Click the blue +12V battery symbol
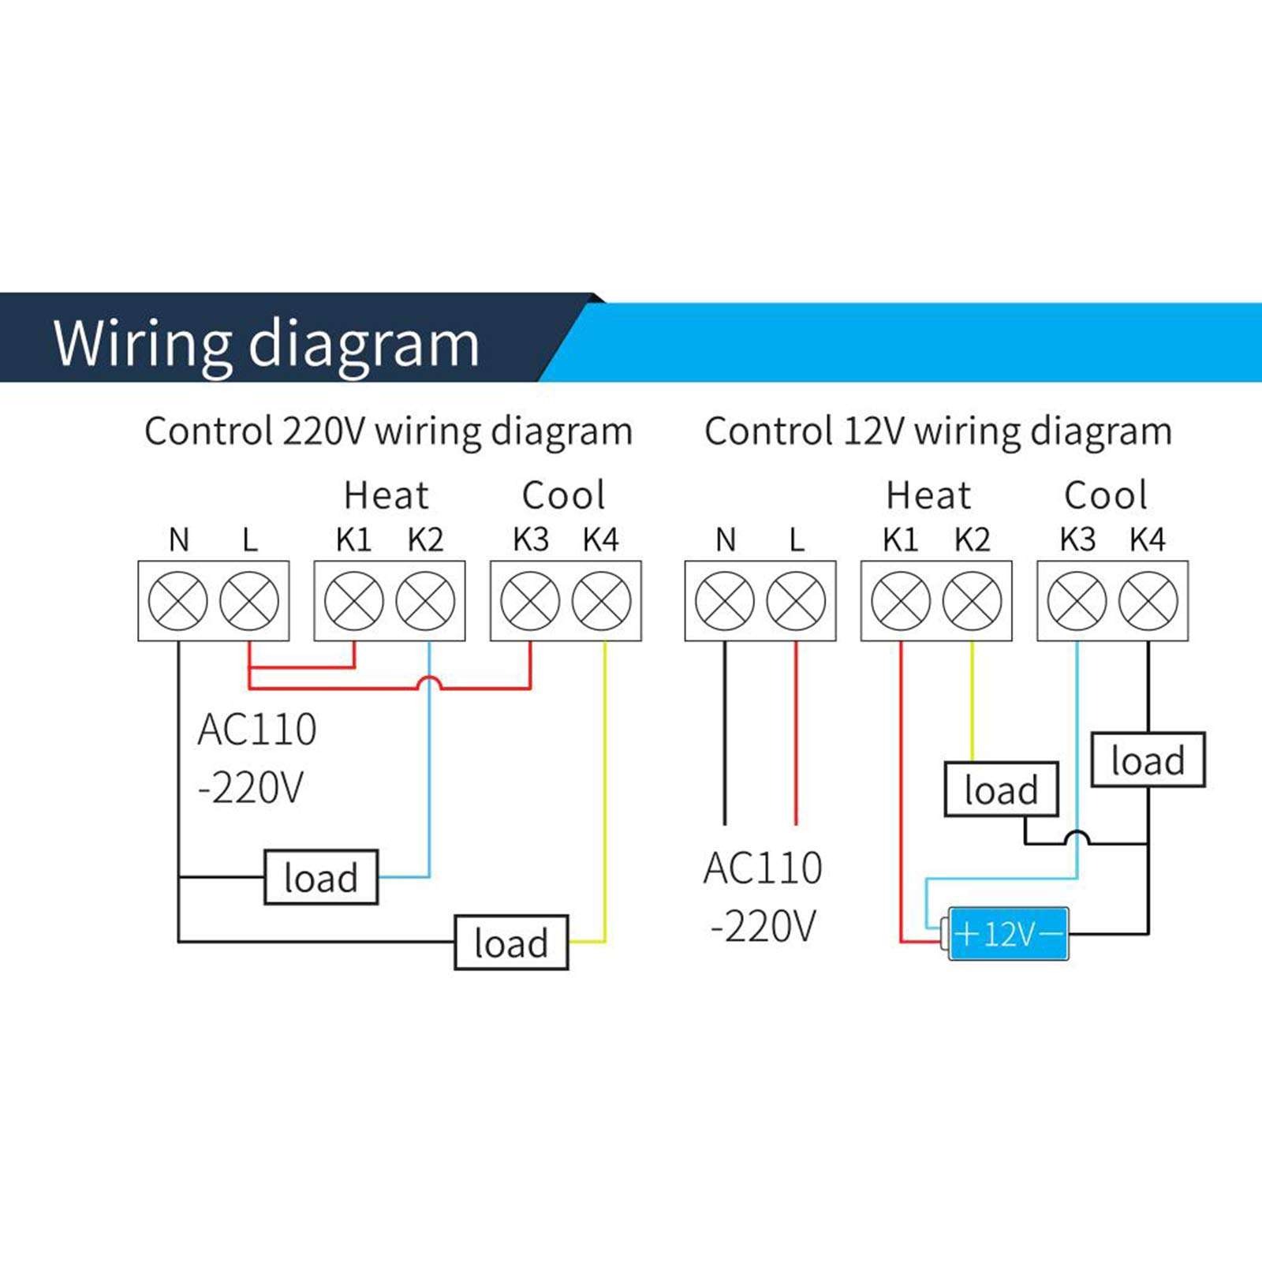(1007, 934)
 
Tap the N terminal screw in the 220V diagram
(178, 601)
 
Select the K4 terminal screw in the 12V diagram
(1148, 601)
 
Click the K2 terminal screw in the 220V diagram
(425, 601)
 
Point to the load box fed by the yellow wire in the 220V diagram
(511, 943)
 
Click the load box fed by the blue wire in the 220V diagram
(320, 877)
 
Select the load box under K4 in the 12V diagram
(1148, 760)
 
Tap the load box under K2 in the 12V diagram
(1001, 790)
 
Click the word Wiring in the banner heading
(142, 343)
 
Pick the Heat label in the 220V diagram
(386, 496)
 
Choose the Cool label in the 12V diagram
(1105, 496)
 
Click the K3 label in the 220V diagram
(530, 540)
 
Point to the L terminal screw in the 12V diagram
(796, 601)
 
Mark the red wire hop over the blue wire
(428, 683)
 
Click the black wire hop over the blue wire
(1077, 838)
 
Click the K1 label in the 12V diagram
(900, 540)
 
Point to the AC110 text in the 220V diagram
(257, 730)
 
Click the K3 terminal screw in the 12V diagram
(1077, 601)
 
